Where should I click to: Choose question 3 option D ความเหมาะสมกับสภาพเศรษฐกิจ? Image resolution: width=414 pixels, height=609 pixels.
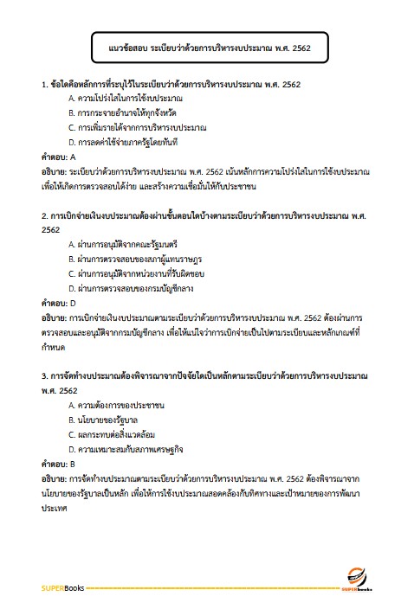pyautogui.click(x=125, y=449)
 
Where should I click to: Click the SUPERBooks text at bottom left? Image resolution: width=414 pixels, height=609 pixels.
pyautogui.click(x=59, y=589)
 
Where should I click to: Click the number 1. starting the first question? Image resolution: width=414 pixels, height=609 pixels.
pyautogui.click(x=44, y=85)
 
